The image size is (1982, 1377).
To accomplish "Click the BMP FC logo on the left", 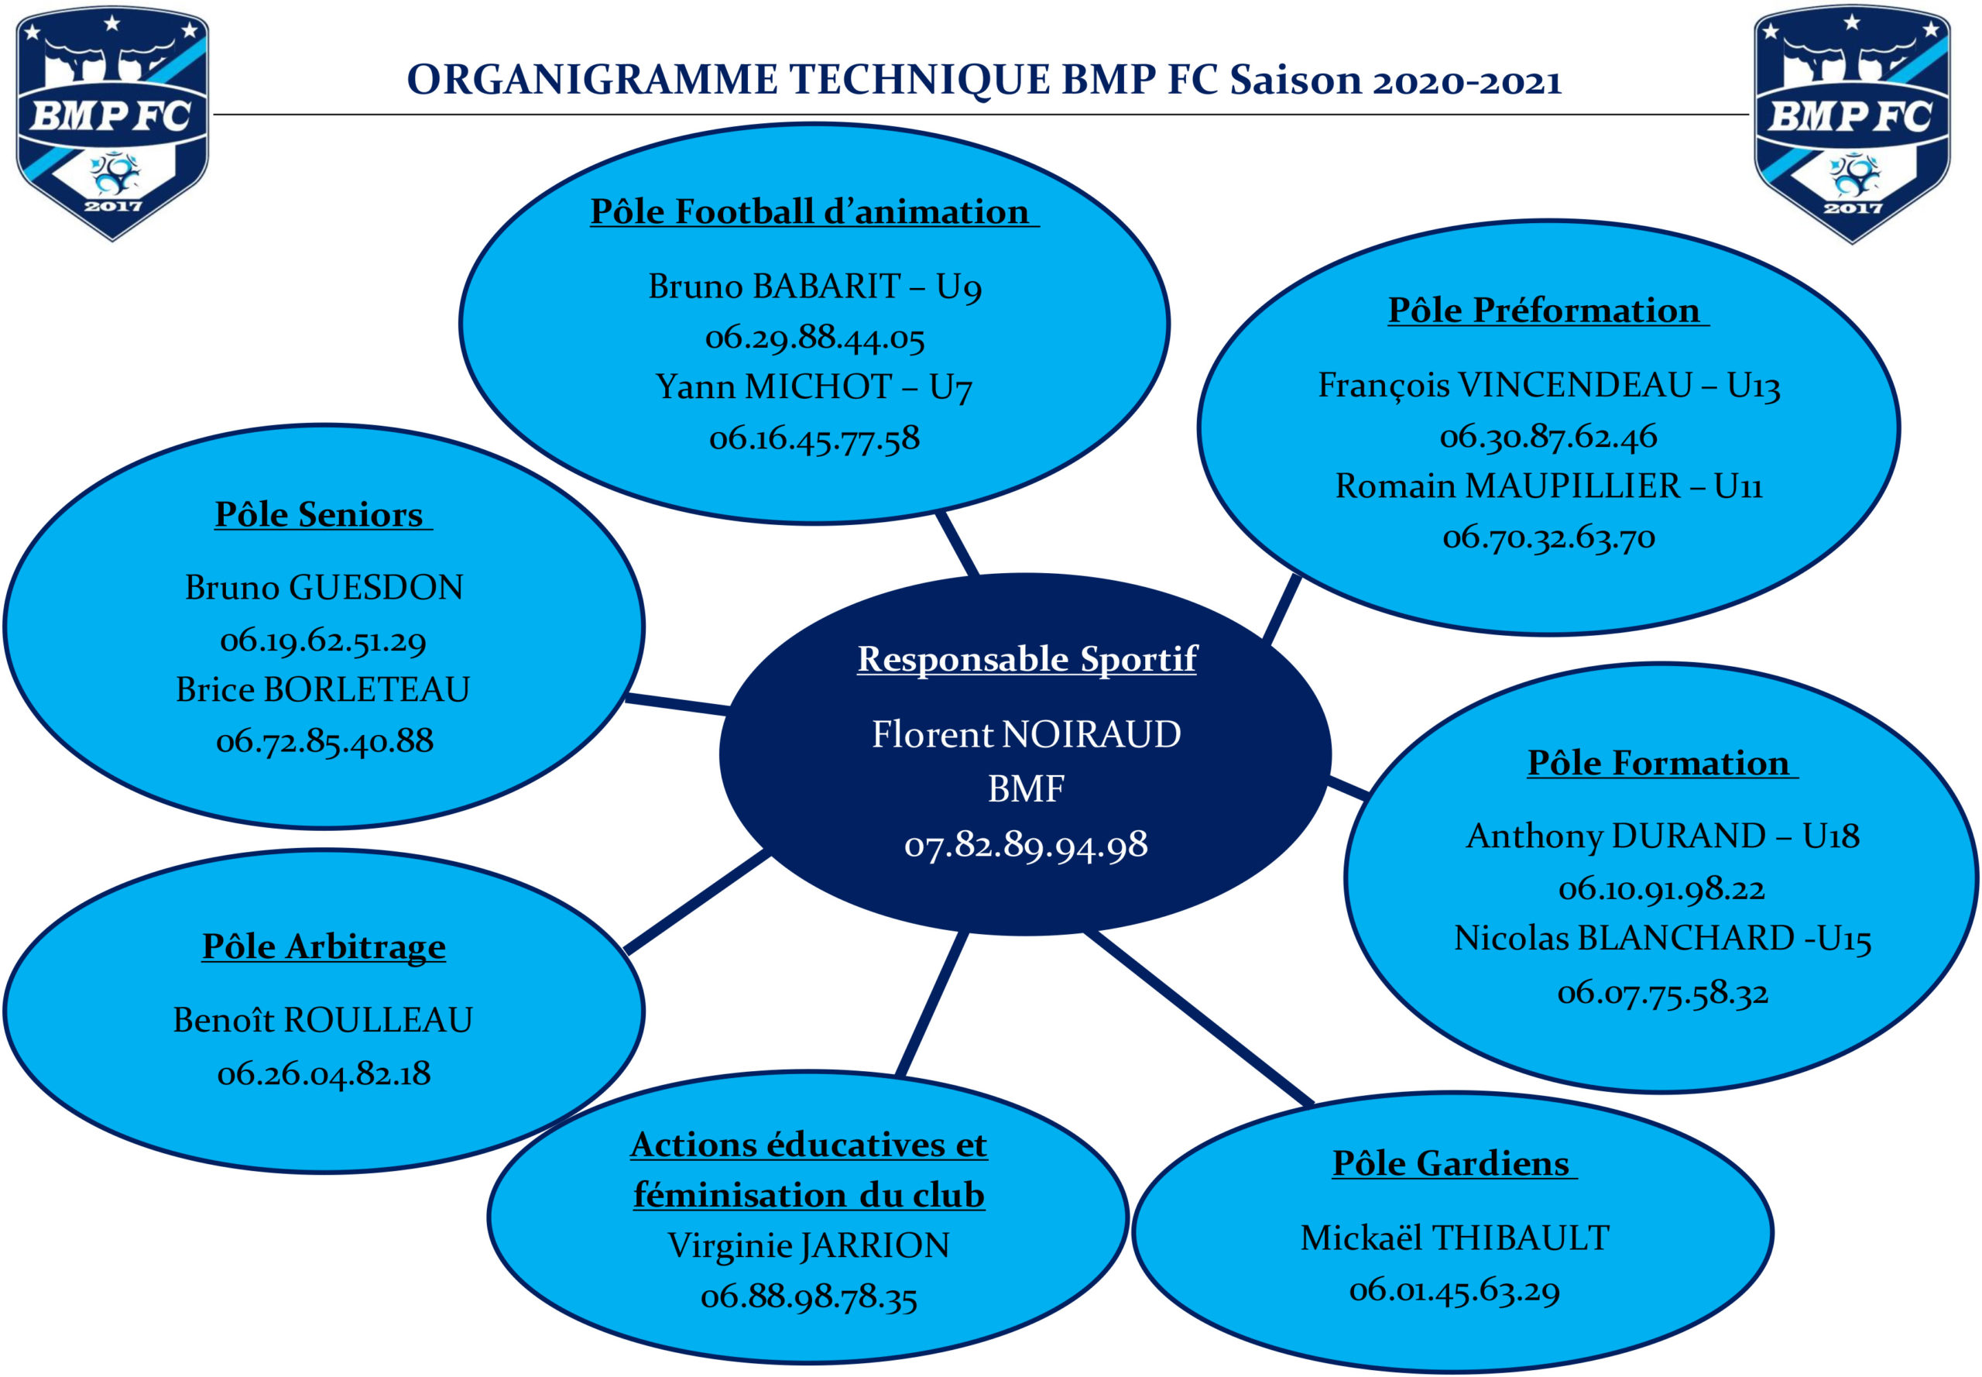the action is (112, 123).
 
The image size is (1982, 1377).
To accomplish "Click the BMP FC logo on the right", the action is (1851, 125).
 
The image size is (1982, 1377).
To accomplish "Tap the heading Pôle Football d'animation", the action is (810, 211).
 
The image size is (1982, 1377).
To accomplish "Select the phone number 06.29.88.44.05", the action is (815, 338).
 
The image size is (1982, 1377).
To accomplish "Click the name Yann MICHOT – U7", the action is (814, 386).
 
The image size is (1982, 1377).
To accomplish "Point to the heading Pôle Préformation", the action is (1543, 310).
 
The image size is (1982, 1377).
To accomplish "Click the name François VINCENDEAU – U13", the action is (1549, 385).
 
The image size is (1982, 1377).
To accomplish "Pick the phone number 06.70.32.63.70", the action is (1549, 537).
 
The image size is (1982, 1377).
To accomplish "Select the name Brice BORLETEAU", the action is (324, 689).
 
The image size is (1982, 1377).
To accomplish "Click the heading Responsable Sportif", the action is (1027, 658).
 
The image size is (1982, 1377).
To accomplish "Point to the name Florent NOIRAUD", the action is (1027, 734).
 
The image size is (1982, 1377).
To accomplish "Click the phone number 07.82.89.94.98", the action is (1027, 845).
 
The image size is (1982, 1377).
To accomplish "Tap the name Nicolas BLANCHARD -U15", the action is (1663, 938).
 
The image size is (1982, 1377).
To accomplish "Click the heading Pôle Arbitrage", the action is (324, 946).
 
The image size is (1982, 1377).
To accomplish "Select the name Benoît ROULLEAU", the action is (324, 1020).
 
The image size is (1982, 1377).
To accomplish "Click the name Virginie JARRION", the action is (809, 1245).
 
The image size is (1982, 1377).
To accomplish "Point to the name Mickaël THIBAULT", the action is (1455, 1238).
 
